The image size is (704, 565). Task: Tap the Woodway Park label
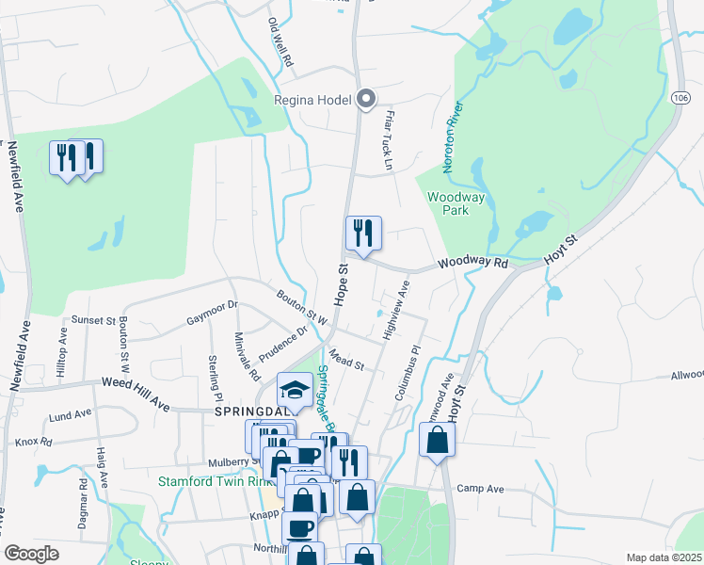[456, 204]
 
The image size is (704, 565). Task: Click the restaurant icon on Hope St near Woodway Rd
[362, 233]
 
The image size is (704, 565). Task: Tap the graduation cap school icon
[295, 390]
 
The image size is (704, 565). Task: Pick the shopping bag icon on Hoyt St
[438, 441]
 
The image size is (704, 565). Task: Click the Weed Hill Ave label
[136, 394]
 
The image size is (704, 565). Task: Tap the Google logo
[31, 554]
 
